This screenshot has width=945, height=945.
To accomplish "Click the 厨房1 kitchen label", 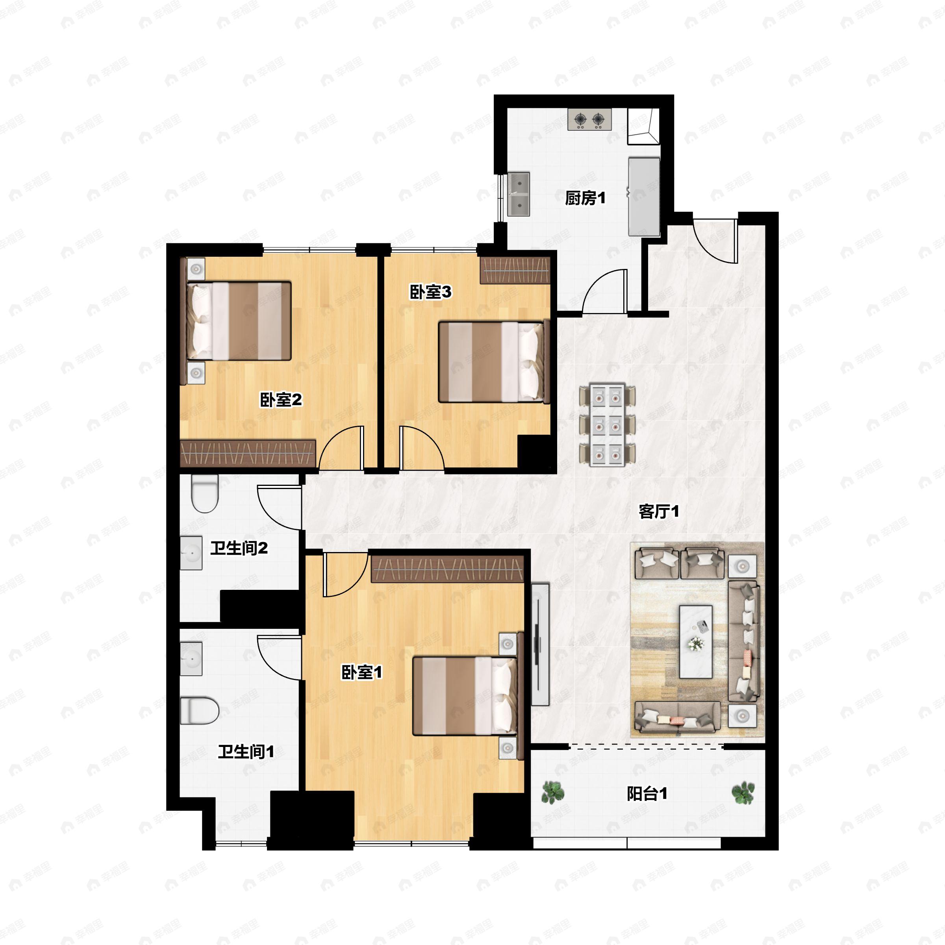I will (x=585, y=198).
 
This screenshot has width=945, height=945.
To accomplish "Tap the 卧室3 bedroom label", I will (x=430, y=292).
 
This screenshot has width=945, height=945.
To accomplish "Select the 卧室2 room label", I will (x=281, y=400).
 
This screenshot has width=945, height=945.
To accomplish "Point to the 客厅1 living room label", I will (x=659, y=511).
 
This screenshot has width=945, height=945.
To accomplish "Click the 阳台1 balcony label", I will (x=647, y=794).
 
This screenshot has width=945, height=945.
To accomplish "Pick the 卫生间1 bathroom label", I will (x=246, y=752).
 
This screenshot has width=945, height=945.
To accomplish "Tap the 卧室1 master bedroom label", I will (x=361, y=673).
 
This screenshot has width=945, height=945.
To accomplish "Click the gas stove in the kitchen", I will (x=589, y=119).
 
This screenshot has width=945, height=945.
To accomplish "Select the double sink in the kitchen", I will (x=519, y=194).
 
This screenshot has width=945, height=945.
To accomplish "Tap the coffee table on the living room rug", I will (x=695, y=641).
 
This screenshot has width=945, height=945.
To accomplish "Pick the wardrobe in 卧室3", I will (x=515, y=271).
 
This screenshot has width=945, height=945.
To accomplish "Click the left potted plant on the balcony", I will (x=553, y=792).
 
